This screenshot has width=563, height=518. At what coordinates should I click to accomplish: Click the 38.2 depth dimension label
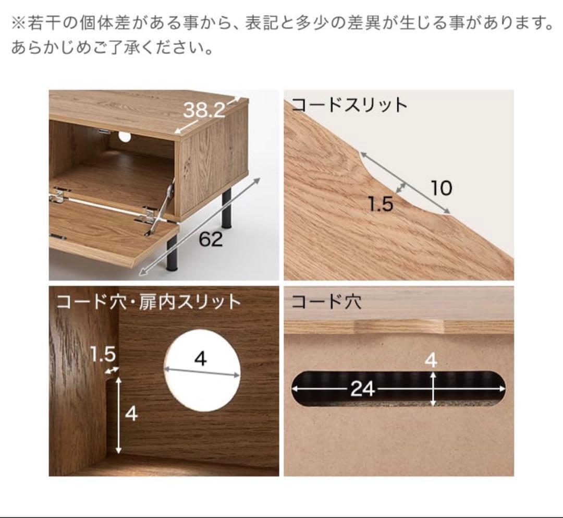pyautogui.click(x=204, y=110)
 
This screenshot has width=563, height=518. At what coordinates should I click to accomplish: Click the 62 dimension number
pyautogui.click(x=211, y=239)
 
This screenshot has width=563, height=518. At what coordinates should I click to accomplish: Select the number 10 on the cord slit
pyautogui.click(x=441, y=188)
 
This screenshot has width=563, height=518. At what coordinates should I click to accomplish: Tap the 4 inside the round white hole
pyautogui.click(x=201, y=359)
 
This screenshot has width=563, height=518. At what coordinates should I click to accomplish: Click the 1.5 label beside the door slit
pyautogui.click(x=102, y=355)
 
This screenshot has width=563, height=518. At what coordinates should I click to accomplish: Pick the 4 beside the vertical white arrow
pyautogui.click(x=131, y=414)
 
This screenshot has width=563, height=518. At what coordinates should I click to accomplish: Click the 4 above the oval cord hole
pyautogui.click(x=431, y=360)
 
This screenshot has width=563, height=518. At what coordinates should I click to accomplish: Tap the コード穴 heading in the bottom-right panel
pyautogui.click(x=326, y=302)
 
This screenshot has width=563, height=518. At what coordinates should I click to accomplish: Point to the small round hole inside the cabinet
pyautogui.click(x=125, y=137)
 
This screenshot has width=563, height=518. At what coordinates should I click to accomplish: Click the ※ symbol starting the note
pyautogui.click(x=18, y=23)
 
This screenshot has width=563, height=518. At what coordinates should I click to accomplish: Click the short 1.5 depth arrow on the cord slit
pyautogui.click(x=401, y=187)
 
